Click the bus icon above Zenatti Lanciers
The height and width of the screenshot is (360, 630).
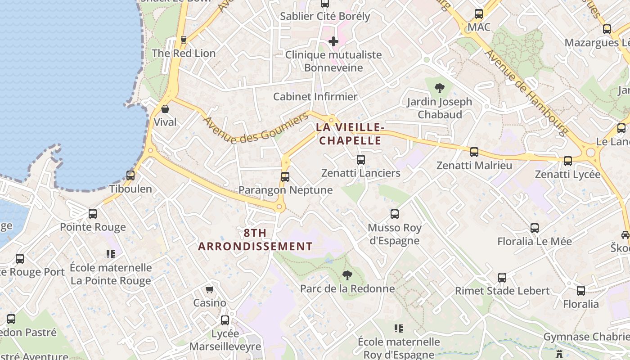pos(360,159)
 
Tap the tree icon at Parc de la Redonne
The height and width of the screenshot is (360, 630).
pos(347,275)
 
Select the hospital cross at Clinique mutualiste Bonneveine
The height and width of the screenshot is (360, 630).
pos(333,42)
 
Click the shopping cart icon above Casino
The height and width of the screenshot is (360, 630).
pos(209,289)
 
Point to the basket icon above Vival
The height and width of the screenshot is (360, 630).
pos(165,108)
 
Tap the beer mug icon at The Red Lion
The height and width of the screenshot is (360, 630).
pos(183,40)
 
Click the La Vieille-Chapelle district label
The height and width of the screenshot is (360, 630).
pos(350,134)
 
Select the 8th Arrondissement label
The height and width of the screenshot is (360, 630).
pos(255,240)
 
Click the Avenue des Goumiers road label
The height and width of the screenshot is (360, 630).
pos(256,128)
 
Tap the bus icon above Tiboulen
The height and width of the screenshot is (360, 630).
pos(130,175)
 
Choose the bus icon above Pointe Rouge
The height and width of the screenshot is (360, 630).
pos(93,214)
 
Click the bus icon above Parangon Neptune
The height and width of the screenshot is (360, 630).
pos(285,176)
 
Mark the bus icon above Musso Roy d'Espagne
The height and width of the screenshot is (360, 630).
pos(395,214)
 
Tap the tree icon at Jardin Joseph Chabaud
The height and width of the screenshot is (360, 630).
pos(439,88)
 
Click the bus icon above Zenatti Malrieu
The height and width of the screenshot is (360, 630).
pos(474,152)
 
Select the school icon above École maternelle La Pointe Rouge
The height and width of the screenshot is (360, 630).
pos(110,254)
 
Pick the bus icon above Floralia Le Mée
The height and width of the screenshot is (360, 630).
pos(534,228)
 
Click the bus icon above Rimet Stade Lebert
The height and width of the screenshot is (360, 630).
pos(502,278)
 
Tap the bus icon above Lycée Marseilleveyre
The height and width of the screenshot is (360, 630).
pos(225,320)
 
